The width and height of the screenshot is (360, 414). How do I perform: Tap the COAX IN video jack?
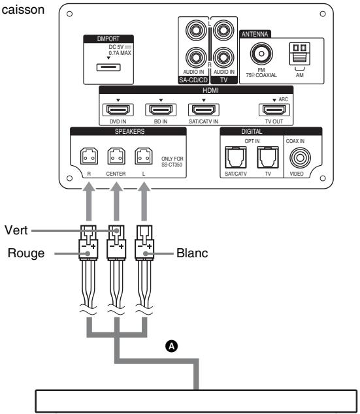coord(302,157)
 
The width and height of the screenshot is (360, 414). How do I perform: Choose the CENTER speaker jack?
coord(116,157)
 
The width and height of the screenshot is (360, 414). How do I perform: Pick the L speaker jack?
coord(142,157)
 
